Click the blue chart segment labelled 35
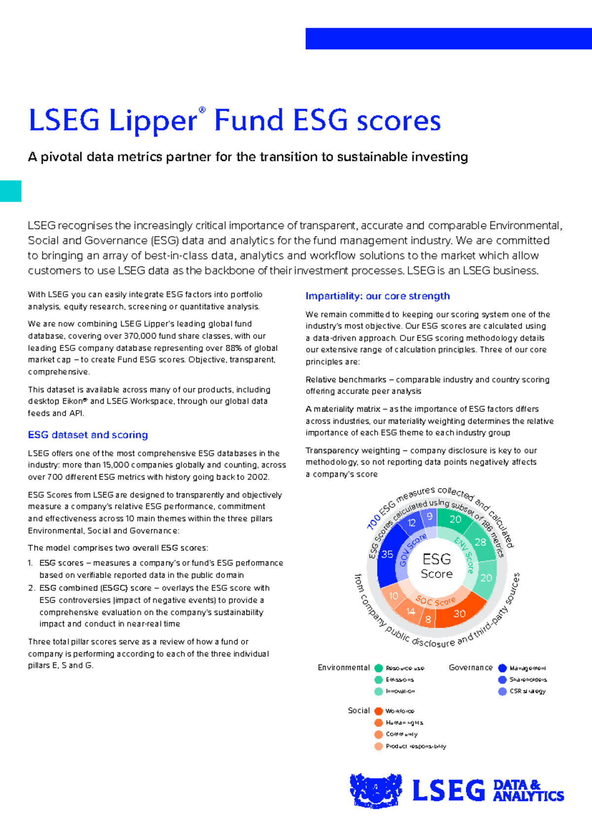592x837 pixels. tap(388, 555)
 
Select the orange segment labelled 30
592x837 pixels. tap(459, 613)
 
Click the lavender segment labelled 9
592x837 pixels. tap(430, 517)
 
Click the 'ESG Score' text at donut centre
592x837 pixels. tap(437, 566)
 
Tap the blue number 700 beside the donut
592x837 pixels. tap(373, 522)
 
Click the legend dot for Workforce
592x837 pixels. tap(378, 711)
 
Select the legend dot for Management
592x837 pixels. tap(502, 668)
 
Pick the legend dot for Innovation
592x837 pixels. tap(378, 691)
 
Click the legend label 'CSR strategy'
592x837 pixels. tap(527, 691)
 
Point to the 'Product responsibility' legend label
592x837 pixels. tap(416, 746)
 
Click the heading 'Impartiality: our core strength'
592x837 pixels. tap(377, 296)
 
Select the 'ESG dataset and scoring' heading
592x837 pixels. tap(88, 435)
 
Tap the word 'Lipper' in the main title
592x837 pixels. tap(153, 121)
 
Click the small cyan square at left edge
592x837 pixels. tap(10, 191)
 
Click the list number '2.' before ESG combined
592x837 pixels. tap(32, 588)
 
